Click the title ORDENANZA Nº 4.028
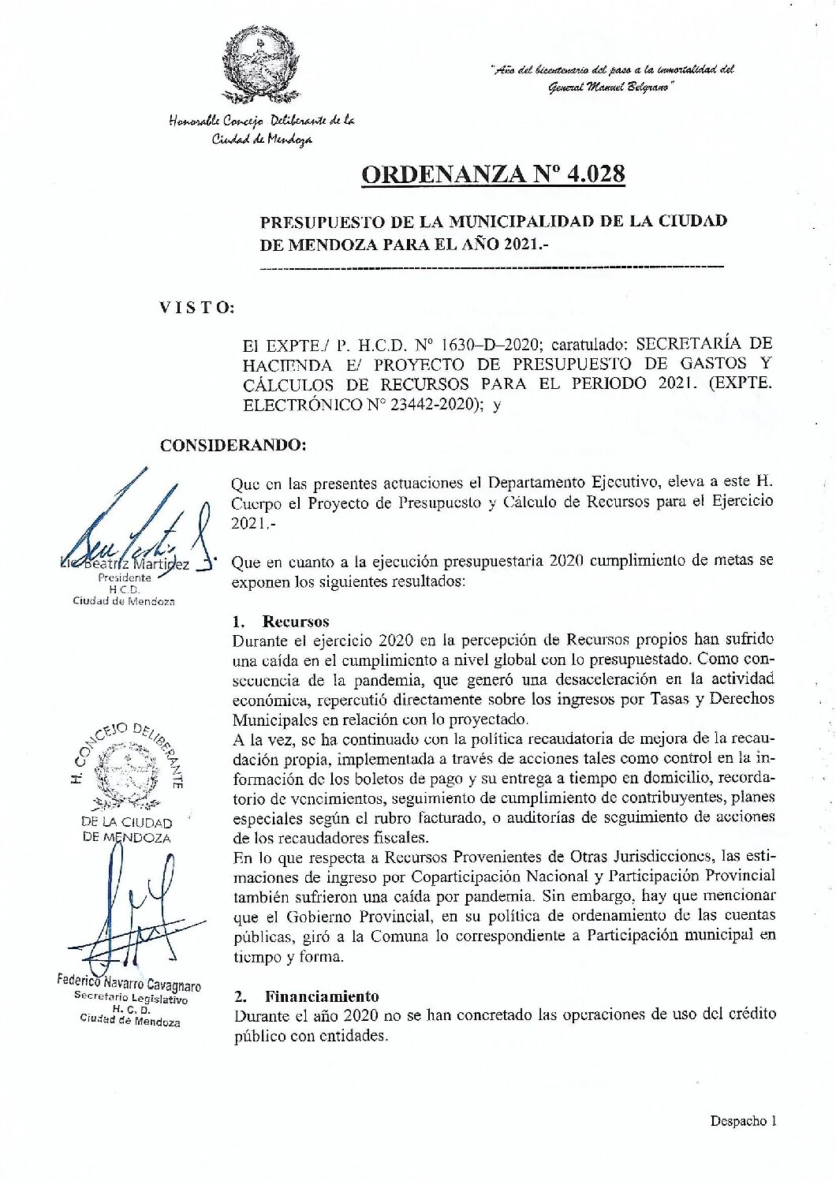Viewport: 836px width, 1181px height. point(493,174)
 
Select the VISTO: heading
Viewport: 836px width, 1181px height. point(197,308)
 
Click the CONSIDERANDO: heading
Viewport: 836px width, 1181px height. point(233,445)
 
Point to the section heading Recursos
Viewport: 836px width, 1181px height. point(296,622)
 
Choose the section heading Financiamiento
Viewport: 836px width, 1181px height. point(322,996)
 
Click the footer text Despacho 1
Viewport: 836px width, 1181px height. point(743,1120)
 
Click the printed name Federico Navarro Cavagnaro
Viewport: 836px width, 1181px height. point(129,984)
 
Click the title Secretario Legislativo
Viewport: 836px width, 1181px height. point(131,998)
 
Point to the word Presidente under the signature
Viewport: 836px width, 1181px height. point(124,577)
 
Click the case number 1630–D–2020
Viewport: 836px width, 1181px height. point(489,345)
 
